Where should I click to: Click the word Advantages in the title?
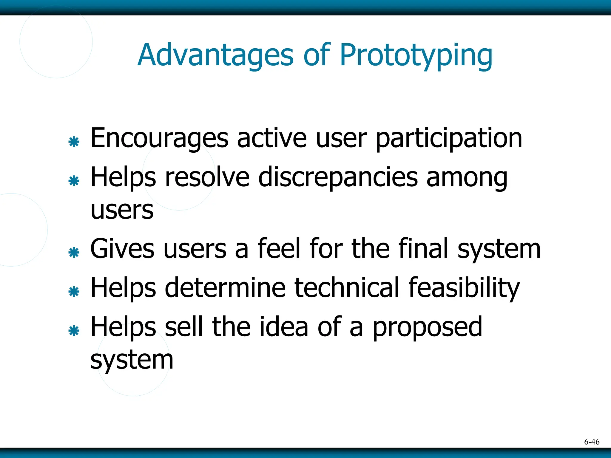[215, 56]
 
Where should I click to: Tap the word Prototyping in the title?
[416, 56]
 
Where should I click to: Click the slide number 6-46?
[592, 442]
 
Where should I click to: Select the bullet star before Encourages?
[74, 142]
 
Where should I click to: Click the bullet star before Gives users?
[74, 253]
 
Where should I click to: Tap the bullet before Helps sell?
[74, 331]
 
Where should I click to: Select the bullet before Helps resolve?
[74, 181]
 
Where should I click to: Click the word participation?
[449, 139]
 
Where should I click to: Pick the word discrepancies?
[338, 178]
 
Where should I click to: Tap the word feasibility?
[464, 288]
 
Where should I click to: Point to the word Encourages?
[159, 139]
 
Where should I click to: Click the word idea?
[283, 327]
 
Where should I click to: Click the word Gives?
[122, 249]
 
